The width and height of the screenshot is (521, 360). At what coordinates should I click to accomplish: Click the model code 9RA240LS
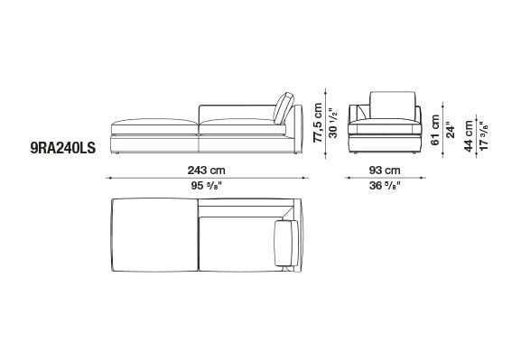tap(63, 148)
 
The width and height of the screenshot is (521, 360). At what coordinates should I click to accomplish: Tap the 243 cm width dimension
tap(207, 171)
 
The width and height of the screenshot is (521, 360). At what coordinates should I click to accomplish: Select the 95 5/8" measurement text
tap(207, 186)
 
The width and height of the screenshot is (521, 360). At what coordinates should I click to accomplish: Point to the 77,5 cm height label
tap(318, 123)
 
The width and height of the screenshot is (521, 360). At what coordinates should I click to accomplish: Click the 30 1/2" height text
tap(333, 123)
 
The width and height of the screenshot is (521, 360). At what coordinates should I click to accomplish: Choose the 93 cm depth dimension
tap(385, 171)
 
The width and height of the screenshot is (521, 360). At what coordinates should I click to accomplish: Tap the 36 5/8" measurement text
tap(385, 186)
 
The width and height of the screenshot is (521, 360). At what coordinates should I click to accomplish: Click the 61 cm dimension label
tap(435, 130)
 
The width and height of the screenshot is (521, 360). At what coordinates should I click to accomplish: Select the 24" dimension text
tap(451, 130)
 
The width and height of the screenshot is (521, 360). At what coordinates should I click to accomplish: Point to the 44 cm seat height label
tap(469, 136)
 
